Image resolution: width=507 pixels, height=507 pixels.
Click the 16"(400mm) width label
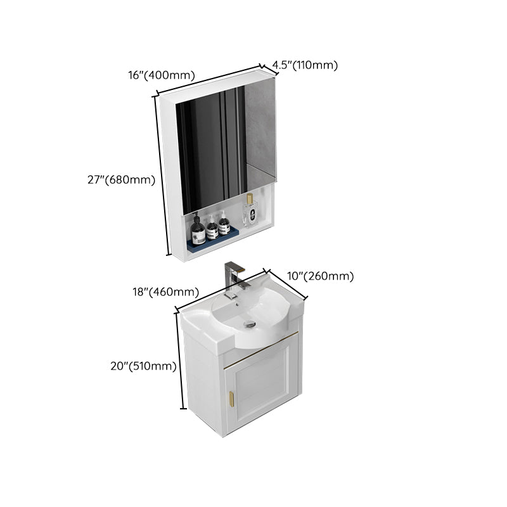161,75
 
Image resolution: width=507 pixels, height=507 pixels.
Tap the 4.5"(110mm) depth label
305,65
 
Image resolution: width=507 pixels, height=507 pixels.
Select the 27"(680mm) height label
121,179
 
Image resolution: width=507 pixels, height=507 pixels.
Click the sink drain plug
250,324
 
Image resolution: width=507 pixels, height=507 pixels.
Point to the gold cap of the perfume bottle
250,199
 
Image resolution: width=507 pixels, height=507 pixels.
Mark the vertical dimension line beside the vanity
179,361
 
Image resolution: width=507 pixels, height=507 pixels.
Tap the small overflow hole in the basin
238,304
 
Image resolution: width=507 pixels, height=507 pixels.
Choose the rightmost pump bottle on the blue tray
224,225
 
